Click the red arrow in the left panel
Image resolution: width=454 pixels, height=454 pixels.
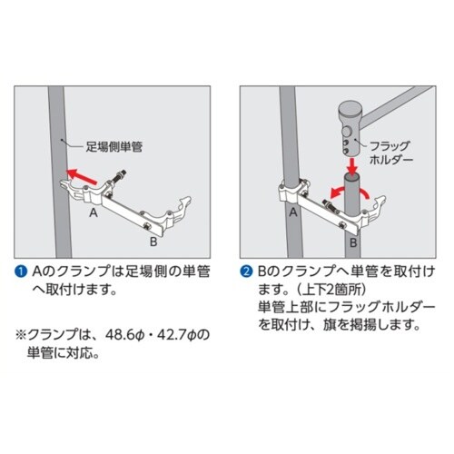(x=82, y=176)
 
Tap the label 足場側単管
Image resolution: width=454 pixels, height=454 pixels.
(x=114, y=147)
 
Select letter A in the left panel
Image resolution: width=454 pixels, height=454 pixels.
(x=94, y=212)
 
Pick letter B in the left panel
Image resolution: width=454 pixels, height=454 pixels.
(x=153, y=242)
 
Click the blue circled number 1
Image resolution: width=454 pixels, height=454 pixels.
(x=21, y=271)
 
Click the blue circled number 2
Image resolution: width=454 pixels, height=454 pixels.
(x=246, y=271)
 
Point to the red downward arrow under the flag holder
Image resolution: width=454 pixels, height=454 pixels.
(x=351, y=166)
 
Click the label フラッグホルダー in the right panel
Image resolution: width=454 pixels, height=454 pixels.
(x=390, y=153)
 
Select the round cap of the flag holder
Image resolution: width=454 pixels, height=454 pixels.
(x=350, y=109)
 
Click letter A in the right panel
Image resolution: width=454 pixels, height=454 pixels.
(x=293, y=212)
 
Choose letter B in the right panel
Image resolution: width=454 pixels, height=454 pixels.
(x=353, y=242)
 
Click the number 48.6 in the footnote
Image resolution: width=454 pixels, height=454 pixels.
(x=120, y=335)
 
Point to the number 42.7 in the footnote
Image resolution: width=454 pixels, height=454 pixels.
(x=173, y=335)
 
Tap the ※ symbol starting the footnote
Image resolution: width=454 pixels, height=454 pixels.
(x=21, y=335)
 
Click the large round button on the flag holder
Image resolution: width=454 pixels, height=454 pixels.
(x=347, y=132)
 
